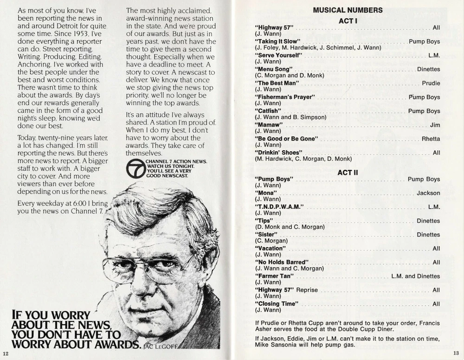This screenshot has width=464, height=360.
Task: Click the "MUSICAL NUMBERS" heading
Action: [348, 10]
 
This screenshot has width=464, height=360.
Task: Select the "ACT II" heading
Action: [348, 173]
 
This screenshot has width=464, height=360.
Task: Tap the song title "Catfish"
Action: [267, 111]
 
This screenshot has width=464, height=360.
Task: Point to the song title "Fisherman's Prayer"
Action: [285, 97]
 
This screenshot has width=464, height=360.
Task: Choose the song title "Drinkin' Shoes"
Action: [278, 153]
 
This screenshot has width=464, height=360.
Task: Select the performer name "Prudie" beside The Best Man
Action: [431, 84]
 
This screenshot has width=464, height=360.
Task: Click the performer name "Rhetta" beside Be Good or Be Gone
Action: [431, 139]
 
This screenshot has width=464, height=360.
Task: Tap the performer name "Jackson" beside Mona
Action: [428, 193]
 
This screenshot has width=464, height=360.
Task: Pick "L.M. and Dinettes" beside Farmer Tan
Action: [415, 276]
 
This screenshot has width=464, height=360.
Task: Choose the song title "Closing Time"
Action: [277, 304]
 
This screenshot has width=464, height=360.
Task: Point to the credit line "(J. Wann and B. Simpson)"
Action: [290, 117]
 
